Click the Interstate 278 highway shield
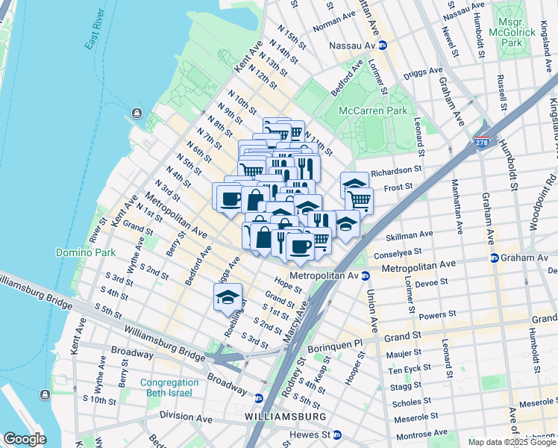[483, 142]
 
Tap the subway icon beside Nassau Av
[383, 46]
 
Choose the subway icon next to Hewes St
[337, 435]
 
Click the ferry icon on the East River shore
[137, 113]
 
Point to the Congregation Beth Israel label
[166, 388]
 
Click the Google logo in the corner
[25, 439]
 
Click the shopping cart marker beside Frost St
[360, 199]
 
